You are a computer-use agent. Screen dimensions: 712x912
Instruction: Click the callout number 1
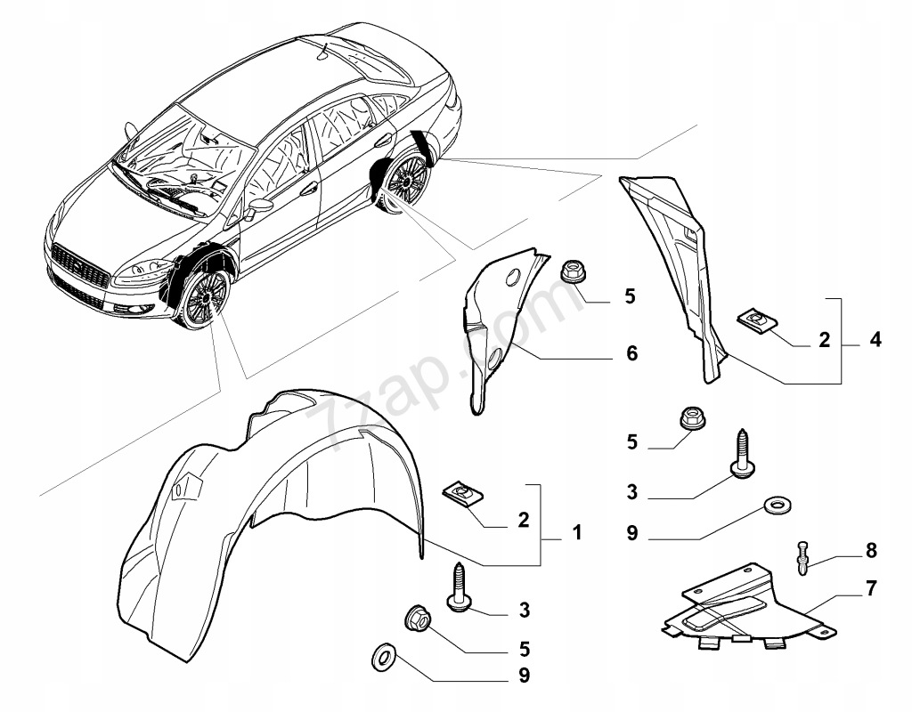pyautogui.click(x=576, y=533)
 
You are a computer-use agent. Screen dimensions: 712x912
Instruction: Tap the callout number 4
pyautogui.click(x=876, y=339)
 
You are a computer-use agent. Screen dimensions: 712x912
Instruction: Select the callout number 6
pyautogui.click(x=631, y=354)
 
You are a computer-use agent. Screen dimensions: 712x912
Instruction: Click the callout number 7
pyautogui.click(x=870, y=588)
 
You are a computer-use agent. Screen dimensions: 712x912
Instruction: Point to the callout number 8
pyautogui.click(x=870, y=551)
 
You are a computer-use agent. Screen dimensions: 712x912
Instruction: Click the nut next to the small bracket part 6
pyautogui.click(x=574, y=271)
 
